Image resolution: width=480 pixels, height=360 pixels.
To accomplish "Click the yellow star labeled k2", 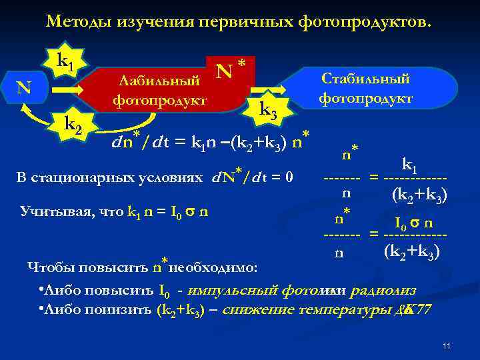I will click(73, 124).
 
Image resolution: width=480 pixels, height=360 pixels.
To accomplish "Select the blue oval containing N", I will click(24, 87).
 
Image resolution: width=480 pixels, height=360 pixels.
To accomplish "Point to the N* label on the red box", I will click(231, 69).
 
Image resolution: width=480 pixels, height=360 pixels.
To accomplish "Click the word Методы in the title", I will click(75, 22).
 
